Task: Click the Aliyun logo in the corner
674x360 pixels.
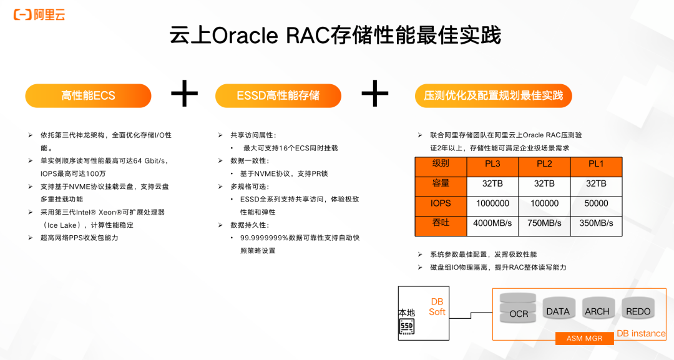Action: pyautogui.click(x=39, y=14)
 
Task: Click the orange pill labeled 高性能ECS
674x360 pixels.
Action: pyautogui.click(x=88, y=95)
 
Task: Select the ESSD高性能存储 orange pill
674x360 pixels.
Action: pyautogui.click(x=278, y=95)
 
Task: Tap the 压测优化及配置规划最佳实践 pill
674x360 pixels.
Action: pyautogui.click(x=494, y=95)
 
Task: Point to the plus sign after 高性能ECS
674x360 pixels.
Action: pyautogui.click(x=184, y=93)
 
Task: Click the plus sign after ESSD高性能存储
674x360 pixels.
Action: pyautogui.click(x=375, y=93)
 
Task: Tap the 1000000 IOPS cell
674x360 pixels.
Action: pyautogui.click(x=492, y=203)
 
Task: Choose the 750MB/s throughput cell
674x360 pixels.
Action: pyautogui.click(x=544, y=223)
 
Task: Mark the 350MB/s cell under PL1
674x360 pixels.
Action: pyautogui.click(x=596, y=223)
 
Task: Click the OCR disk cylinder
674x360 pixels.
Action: pyautogui.click(x=518, y=308)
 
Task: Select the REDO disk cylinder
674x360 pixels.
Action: pyautogui.click(x=638, y=308)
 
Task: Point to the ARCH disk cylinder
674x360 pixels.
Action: pyautogui.click(x=597, y=308)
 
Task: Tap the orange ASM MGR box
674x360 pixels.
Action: pyautogui.click(x=585, y=338)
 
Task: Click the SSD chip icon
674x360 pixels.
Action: pyautogui.click(x=407, y=328)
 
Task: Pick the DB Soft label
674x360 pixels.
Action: pyautogui.click(x=437, y=307)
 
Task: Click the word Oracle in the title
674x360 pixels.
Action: pyautogui.click(x=245, y=36)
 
